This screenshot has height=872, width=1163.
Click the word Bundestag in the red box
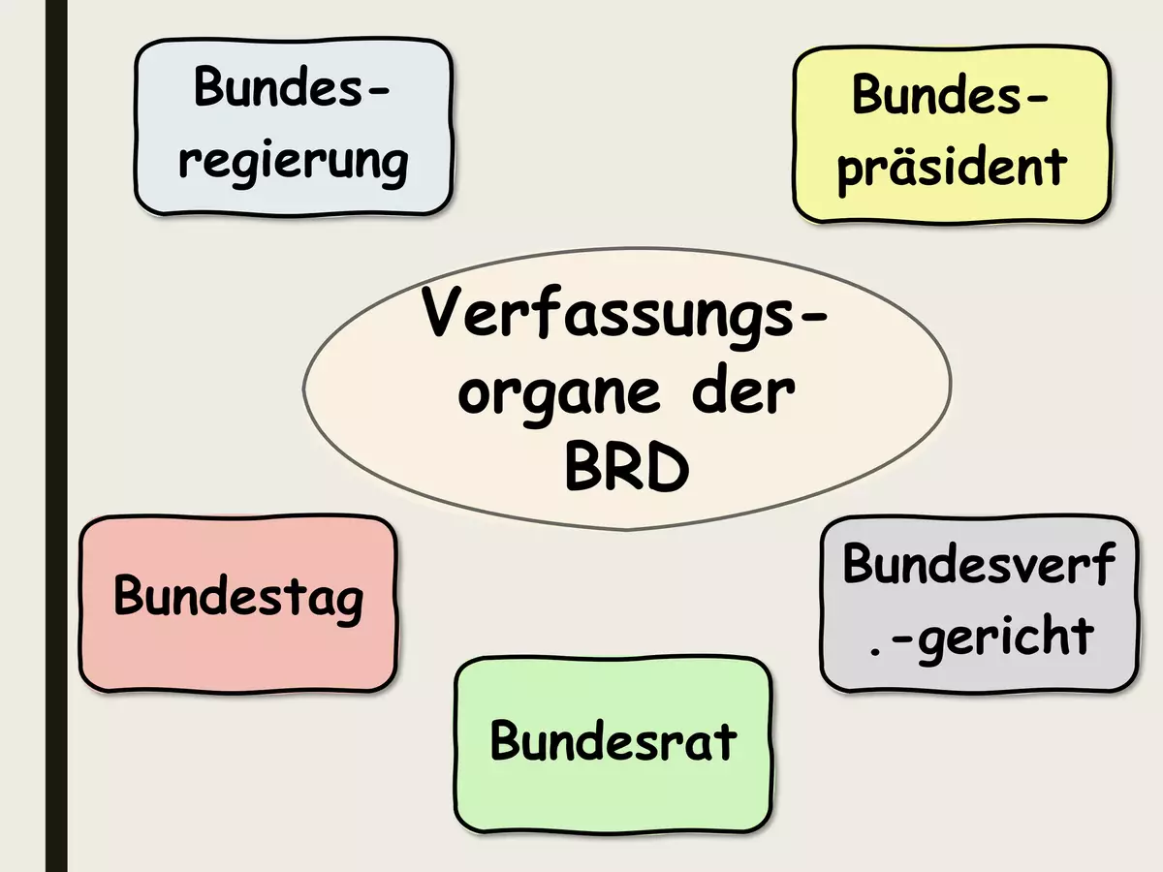click(x=238, y=598)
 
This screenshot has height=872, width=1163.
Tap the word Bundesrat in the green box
click(x=613, y=740)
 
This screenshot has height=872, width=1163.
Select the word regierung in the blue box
click(x=293, y=164)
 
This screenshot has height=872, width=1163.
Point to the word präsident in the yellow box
click(x=952, y=169)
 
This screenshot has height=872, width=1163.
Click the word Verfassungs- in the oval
click(x=623, y=317)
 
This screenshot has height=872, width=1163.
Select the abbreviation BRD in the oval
click(x=627, y=467)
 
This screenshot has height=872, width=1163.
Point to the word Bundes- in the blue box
click(x=292, y=86)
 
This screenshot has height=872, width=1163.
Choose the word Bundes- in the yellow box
click(x=951, y=93)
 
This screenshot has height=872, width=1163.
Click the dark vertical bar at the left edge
click(x=56, y=436)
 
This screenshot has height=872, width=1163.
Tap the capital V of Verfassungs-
click(x=444, y=311)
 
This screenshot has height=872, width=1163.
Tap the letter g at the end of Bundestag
click(x=348, y=606)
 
